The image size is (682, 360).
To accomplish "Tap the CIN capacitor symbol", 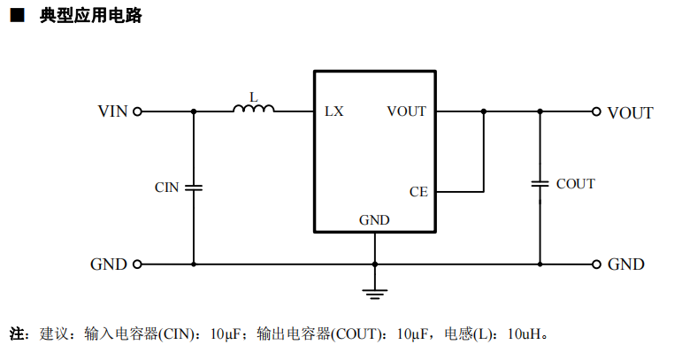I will click(194, 188).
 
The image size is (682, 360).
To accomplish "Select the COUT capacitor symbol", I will click(540, 184).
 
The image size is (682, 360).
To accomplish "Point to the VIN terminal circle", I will click(137, 111).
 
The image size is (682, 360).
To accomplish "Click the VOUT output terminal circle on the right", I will click(597, 111).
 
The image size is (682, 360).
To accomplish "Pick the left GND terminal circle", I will click(137, 264).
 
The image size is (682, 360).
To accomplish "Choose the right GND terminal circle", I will click(597, 264).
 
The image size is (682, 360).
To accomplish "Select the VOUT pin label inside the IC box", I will click(406, 111).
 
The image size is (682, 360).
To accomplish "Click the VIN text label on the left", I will click(112, 111).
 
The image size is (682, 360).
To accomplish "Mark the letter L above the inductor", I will click(254, 96).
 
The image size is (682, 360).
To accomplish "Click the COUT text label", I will click(575, 184).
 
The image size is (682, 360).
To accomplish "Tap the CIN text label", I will click(166, 188).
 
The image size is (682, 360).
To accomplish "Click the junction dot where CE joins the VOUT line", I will click(484, 111).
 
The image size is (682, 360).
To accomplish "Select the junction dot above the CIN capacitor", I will click(194, 111).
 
